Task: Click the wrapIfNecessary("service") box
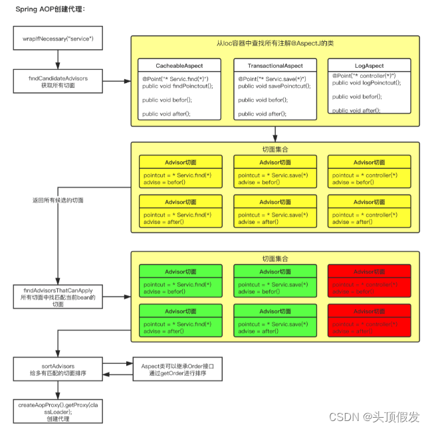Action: pyautogui.click(x=58, y=39)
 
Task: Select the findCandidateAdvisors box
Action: pyautogui.click(x=58, y=82)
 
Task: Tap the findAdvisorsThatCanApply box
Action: pyautogui.click(x=58, y=296)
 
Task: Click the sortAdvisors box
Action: pyautogui.click(x=58, y=370)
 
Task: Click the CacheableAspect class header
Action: pyautogui.click(x=179, y=66)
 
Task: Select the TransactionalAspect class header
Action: pyautogui.click(x=274, y=66)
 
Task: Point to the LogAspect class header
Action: pyautogui.click(x=369, y=66)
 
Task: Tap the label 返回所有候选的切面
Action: pyautogui.click(x=58, y=200)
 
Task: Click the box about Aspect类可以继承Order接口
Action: pyautogui.click(x=179, y=370)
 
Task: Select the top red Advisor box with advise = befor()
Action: pyautogui.click(x=369, y=280)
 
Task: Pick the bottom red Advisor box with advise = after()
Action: pyautogui.click(x=369, y=321)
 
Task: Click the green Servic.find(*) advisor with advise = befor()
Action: pyautogui.click(x=179, y=280)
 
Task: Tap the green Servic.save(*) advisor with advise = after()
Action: pyautogui.click(x=274, y=321)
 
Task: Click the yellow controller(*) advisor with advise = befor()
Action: pyautogui.click(x=369, y=171)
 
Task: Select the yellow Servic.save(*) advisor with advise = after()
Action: pyautogui.click(x=274, y=211)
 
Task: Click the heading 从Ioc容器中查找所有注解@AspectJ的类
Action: pyautogui.click(x=274, y=43)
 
